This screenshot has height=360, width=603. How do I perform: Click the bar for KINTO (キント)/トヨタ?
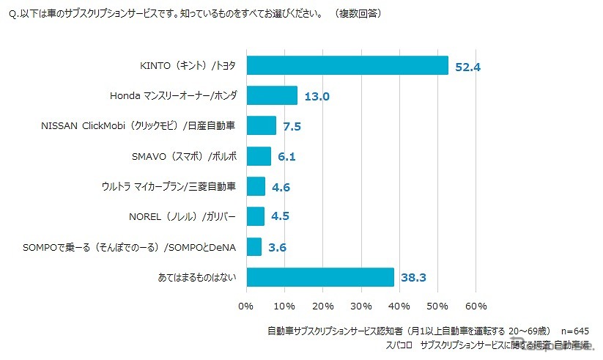(347, 65)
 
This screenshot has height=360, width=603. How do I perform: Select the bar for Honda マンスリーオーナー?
(272, 95)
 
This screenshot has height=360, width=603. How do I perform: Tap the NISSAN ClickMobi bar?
(262, 125)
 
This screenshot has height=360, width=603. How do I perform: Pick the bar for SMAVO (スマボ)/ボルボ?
(259, 156)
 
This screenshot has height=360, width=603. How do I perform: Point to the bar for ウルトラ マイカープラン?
(256, 186)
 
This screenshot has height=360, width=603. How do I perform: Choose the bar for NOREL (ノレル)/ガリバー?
(256, 216)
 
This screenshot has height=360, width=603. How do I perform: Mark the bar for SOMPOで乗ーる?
(254, 247)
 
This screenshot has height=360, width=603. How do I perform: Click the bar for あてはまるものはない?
(320, 277)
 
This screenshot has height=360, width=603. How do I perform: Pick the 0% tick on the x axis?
(246, 305)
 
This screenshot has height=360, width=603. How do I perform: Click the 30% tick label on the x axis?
(361, 305)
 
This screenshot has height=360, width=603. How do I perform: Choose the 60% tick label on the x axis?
(476, 305)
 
